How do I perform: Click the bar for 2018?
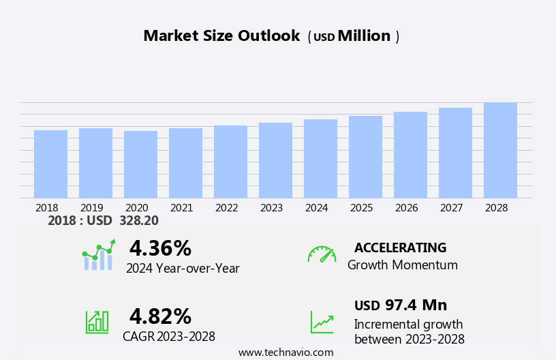(50, 164)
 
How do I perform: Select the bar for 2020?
(140, 164)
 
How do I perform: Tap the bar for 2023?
(275, 161)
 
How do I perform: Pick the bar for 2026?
(410, 155)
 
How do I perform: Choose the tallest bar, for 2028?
(500, 151)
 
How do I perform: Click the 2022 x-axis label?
(226, 208)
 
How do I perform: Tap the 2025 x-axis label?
(361, 208)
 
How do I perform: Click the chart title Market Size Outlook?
(221, 36)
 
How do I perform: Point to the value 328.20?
(138, 221)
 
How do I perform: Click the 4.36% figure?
(160, 248)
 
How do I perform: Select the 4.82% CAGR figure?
(160, 316)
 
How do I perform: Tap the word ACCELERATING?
(400, 248)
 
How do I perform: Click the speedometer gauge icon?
(322, 255)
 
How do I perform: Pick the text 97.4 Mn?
(416, 305)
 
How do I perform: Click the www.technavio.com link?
(285, 352)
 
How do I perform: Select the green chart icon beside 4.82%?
(97, 321)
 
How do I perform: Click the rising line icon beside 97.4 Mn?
(322, 321)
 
